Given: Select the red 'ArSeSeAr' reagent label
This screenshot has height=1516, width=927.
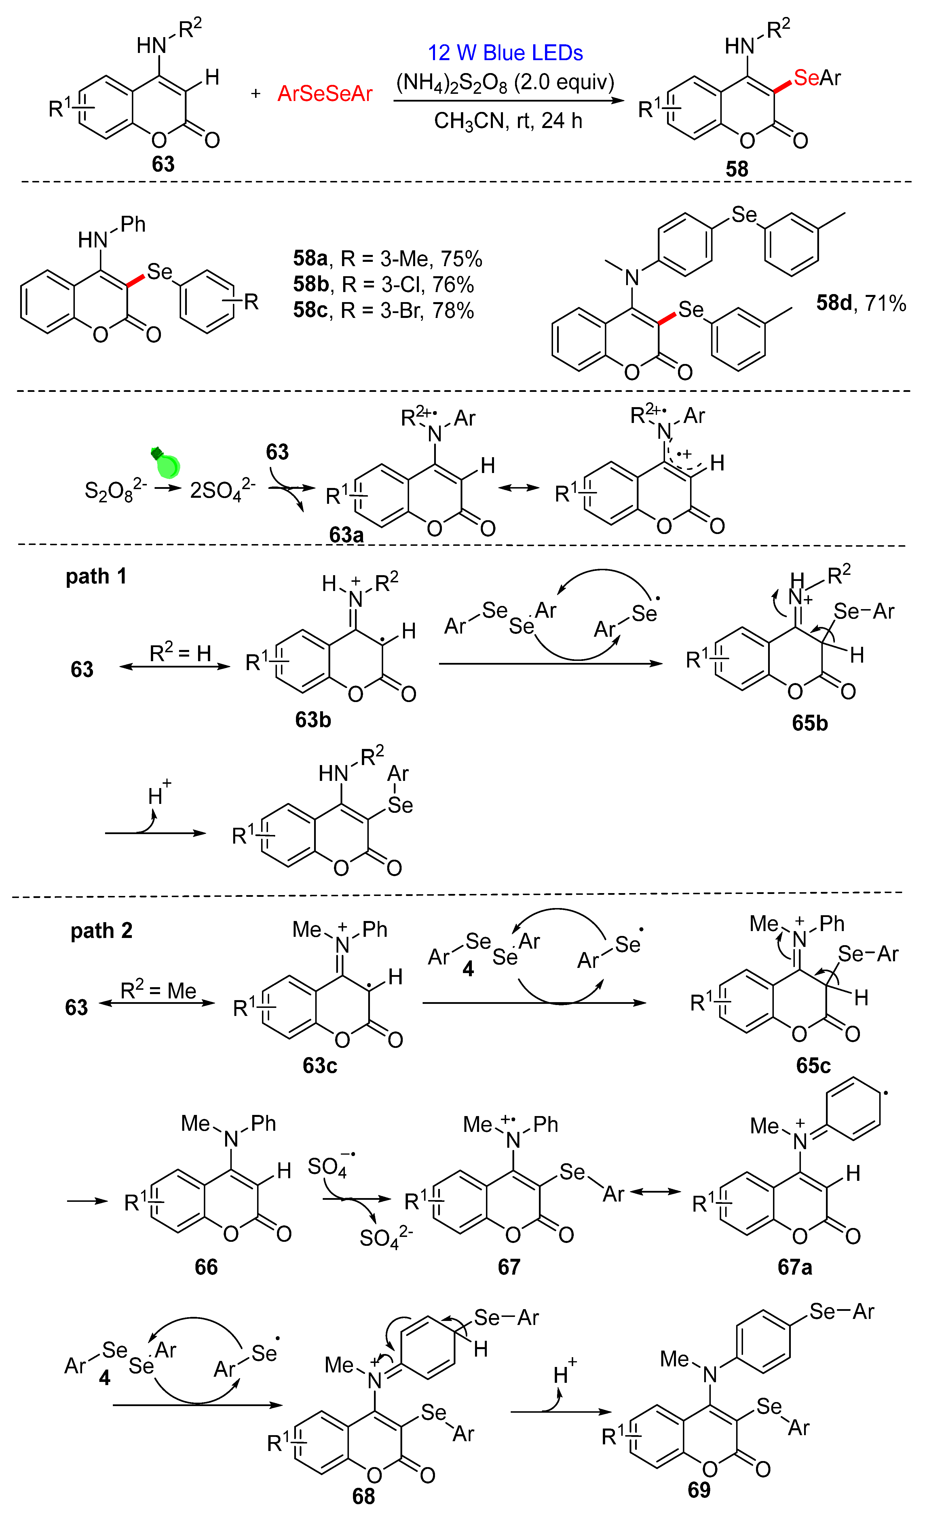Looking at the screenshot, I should coord(325,94).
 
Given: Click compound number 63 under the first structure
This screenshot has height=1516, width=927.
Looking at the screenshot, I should coord(163,164).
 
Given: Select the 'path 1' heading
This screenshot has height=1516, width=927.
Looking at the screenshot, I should coord(96,577).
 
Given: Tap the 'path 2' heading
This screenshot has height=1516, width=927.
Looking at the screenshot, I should coord(102,931).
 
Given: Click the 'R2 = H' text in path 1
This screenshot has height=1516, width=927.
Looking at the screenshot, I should coord(180,653).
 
